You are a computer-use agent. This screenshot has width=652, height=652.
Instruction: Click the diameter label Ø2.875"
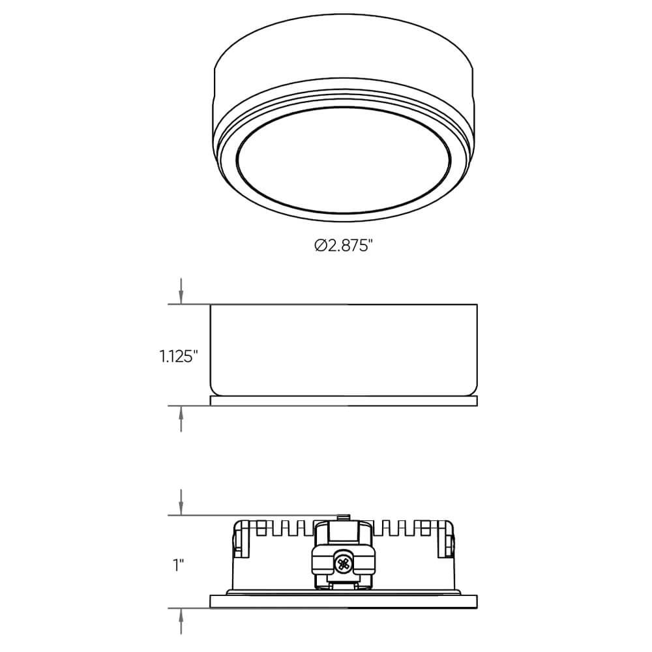click(343, 246)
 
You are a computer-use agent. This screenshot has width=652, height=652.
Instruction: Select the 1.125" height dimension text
click(178, 356)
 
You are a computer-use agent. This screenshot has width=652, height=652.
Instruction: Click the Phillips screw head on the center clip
click(344, 561)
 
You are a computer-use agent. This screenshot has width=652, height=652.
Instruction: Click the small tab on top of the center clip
click(343, 518)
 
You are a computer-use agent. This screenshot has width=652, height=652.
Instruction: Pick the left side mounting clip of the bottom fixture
click(241, 542)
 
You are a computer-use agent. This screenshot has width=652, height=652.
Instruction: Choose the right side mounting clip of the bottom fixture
click(448, 542)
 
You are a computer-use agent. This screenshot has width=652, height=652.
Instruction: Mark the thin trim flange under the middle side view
click(344, 401)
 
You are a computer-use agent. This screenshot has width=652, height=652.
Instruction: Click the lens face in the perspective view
click(344, 160)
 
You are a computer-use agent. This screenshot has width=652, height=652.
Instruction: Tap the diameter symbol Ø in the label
click(319, 246)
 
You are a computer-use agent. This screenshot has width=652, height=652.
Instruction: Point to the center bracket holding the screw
click(344, 554)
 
